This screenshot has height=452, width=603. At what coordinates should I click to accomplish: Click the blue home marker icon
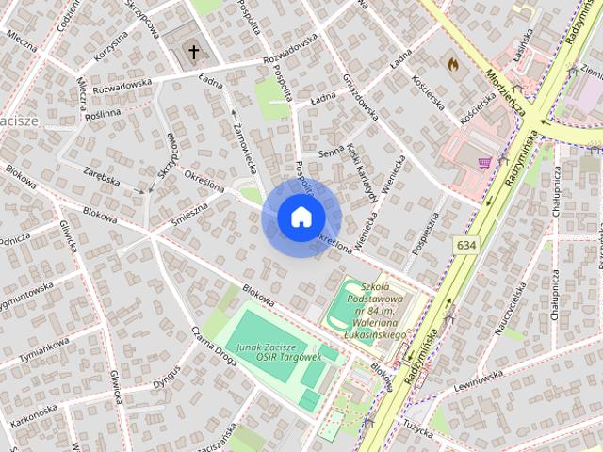coord(300,218)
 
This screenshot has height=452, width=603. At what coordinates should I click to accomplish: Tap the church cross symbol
coord(194,51)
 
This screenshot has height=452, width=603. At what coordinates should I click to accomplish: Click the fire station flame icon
coord(453,64)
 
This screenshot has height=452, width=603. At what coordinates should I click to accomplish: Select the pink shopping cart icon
coord(484,163)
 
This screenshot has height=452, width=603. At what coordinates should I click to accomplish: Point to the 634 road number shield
coord(465,244)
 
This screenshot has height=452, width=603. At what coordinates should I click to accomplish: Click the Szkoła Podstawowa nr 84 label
coord(375,315)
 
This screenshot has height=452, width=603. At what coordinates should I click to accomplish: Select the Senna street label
coord(331,152)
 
